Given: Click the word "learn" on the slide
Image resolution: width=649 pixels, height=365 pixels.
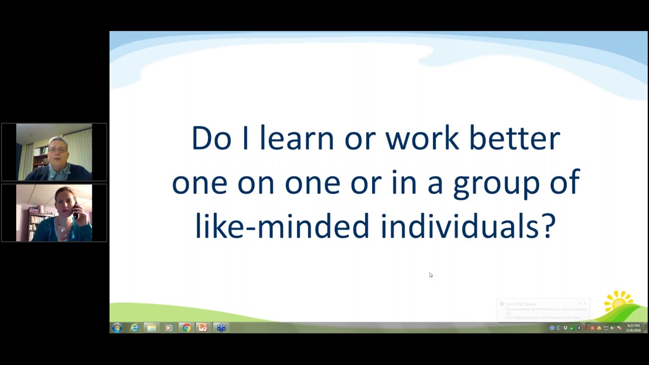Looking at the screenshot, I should pyautogui.click(x=297, y=138).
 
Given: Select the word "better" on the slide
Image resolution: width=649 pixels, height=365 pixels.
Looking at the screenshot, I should pyautogui.click(x=514, y=138).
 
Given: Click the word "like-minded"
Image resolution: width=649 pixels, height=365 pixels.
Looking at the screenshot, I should pyautogui.click(x=282, y=226).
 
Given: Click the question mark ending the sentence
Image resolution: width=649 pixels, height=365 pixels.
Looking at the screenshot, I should pyautogui.click(x=549, y=226).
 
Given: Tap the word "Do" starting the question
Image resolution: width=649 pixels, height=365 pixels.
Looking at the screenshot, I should pyautogui.click(x=211, y=138).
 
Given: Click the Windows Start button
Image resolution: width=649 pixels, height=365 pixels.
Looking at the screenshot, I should pyautogui.click(x=117, y=328).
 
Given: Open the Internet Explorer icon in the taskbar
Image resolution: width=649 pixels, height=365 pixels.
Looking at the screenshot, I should pyautogui.click(x=134, y=328).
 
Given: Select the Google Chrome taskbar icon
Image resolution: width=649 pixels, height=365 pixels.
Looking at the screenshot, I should pyautogui.click(x=186, y=328).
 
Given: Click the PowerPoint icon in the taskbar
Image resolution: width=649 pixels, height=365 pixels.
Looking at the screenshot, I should pyautogui.click(x=203, y=328).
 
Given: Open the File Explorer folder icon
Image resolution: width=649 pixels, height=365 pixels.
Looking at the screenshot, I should pyautogui.click(x=152, y=328).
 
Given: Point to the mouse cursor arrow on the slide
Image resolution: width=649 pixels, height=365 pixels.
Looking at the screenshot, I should pyautogui.click(x=430, y=275).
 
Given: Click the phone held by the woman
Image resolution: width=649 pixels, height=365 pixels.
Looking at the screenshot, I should pyautogui.click(x=76, y=210).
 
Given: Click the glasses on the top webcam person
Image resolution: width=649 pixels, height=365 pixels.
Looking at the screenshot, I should pyautogui.click(x=57, y=150).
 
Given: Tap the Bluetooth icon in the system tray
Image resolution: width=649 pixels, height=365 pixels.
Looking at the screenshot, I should pyautogui.click(x=579, y=328).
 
